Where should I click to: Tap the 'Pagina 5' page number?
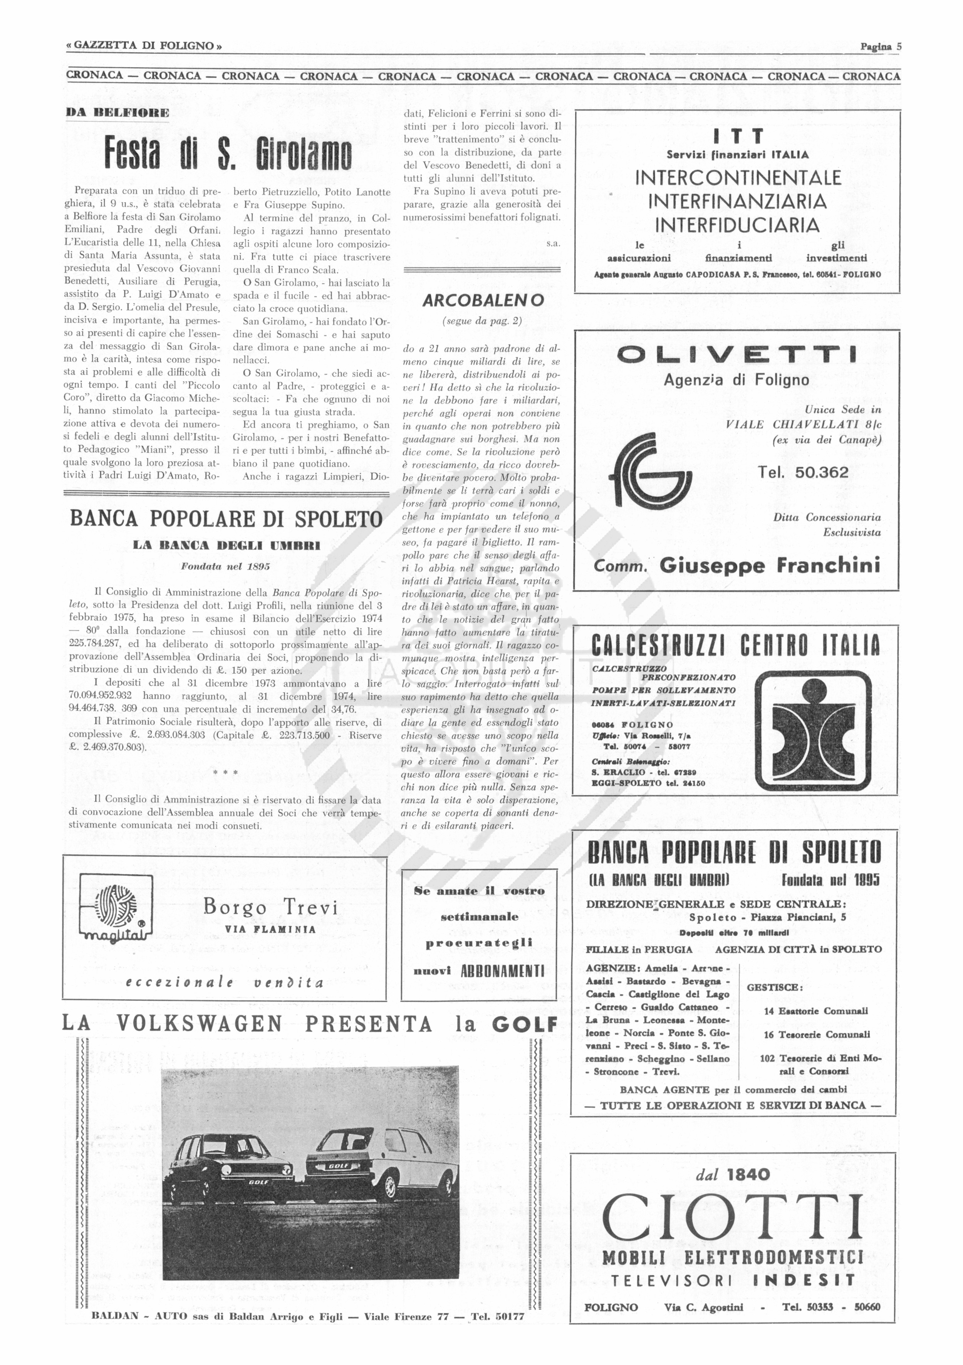pyautogui.click(x=881, y=46)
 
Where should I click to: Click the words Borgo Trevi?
pyautogui.click(x=270, y=908)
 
